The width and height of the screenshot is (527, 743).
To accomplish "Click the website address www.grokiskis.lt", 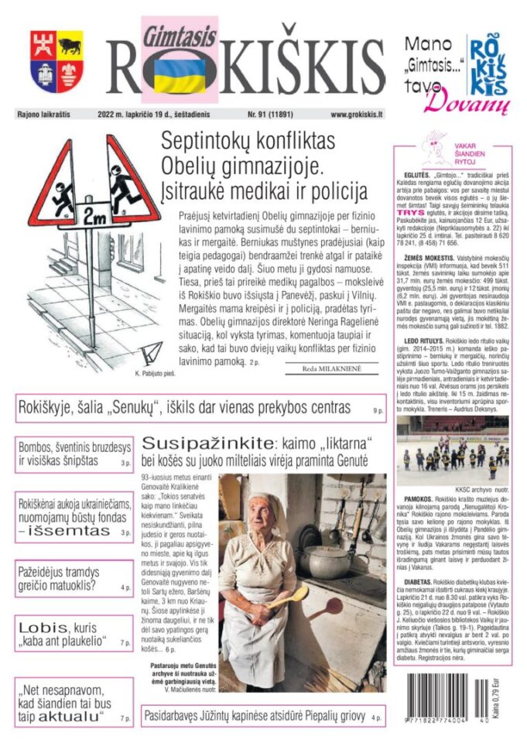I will pyautogui.click(x=357, y=115).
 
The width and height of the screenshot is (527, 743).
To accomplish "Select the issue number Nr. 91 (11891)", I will pyautogui.click(x=275, y=115).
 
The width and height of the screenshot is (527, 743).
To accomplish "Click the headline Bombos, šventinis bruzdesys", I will pyautogui.click(x=67, y=454).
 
